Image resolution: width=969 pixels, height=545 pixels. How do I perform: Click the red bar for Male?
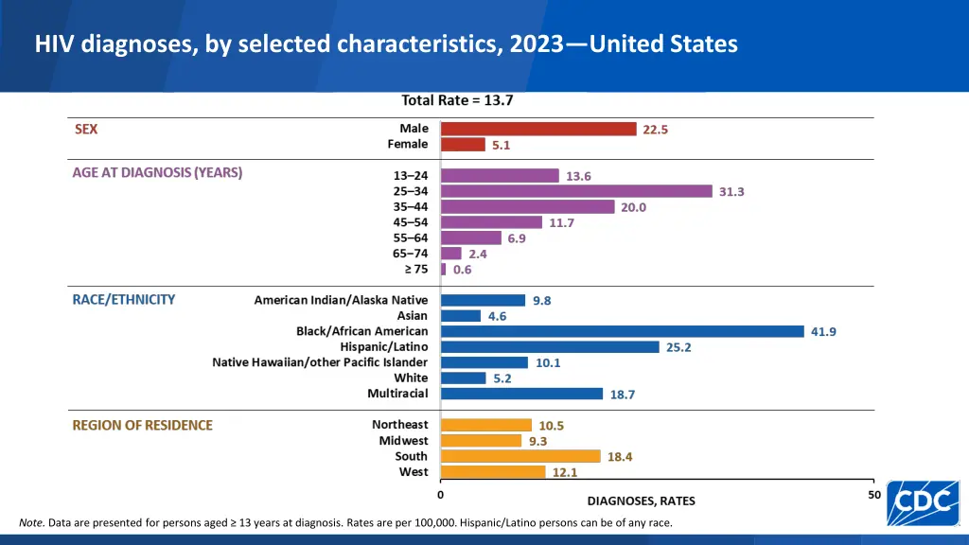pos(538,129)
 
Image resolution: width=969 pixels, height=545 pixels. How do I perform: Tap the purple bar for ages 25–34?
pos(576,191)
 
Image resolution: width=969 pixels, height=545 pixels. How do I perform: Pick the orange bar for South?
pos(520,456)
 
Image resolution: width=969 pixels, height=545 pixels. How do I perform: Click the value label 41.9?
pos(823,331)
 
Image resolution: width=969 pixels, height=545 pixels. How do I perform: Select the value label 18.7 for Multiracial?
pos(623,395)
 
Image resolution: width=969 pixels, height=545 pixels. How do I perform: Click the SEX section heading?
pos(86,130)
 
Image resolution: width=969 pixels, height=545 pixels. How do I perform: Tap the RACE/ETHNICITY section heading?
pos(124,299)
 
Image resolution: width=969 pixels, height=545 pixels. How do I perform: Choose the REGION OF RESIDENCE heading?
pos(143,425)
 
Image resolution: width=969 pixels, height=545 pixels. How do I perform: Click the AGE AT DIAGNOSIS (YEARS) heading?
pos(157,173)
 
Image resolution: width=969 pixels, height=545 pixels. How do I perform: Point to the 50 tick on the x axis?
pos(874,495)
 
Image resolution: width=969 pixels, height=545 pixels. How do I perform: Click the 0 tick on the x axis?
pos(440,495)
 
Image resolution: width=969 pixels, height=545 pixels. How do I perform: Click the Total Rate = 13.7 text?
pos(457,100)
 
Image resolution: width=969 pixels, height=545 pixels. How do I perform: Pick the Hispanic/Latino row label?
pos(384,347)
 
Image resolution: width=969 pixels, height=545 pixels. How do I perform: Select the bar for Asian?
pos(461,316)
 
